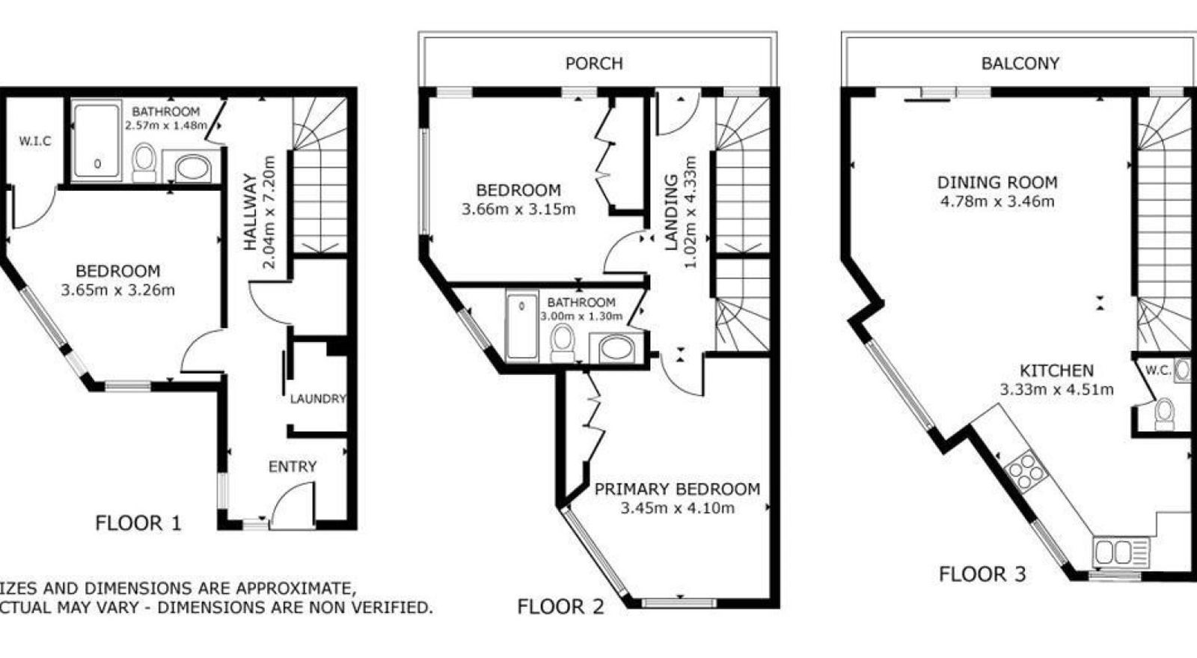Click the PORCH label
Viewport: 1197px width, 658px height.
tap(594, 64)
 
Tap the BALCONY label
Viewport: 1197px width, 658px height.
tap(1020, 64)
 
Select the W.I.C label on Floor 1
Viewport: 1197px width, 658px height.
tap(35, 141)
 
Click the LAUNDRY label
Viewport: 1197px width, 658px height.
tap(318, 399)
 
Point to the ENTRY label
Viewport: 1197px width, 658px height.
tap(293, 466)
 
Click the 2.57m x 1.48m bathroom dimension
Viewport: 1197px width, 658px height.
tap(165, 126)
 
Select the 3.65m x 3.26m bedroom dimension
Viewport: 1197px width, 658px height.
tap(117, 290)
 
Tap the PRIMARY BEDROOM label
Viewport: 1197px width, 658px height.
tap(677, 489)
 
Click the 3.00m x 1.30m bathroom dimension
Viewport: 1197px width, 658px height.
tap(581, 316)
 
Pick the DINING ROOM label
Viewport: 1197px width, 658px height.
tap(997, 183)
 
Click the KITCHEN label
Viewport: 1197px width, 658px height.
tap(1056, 371)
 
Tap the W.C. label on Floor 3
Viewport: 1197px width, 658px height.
tap(1158, 370)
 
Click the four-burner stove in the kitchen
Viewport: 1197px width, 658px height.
tap(1024, 472)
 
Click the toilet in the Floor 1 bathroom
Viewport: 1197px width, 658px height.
tap(143, 162)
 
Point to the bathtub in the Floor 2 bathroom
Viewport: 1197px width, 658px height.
tap(521, 326)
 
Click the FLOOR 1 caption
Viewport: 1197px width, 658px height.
tap(138, 523)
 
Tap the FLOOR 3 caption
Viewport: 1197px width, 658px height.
tap(982, 574)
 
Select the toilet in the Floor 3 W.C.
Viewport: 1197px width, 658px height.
tap(1164, 414)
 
